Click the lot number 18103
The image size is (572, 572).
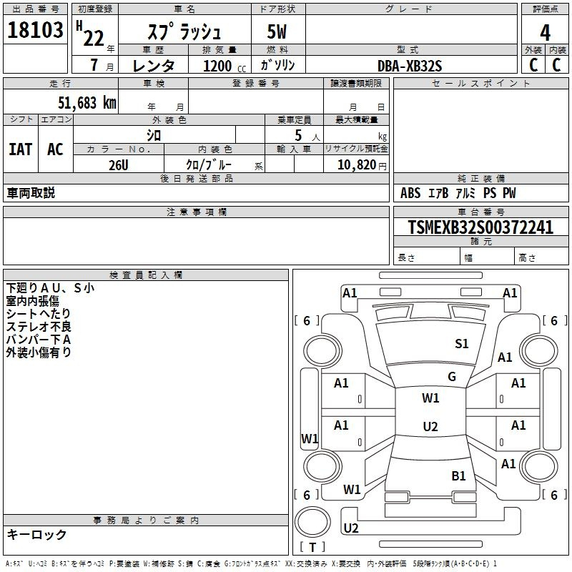click(x=35, y=30)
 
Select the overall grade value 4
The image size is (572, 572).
click(x=545, y=33)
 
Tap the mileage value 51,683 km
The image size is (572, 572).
click(x=87, y=103)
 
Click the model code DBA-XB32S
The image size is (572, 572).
click(x=410, y=66)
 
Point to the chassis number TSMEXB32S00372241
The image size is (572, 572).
click(x=480, y=227)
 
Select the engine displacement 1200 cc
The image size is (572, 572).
click(x=225, y=66)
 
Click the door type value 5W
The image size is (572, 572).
click(x=277, y=31)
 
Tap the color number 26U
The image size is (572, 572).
click(x=119, y=165)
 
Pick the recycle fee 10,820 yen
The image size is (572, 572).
click(x=362, y=165)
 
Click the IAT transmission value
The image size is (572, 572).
click(x=21, y=149)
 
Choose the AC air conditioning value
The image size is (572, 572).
click(x=56, y=149)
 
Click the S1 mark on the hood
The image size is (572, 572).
click(x=461, y=344)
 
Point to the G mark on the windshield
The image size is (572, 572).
click(x=452, y=377)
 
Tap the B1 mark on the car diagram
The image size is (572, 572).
click(x=458, y=476)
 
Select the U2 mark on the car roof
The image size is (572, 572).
click(x=430, y=426)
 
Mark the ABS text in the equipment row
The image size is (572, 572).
click(x=410, y=193)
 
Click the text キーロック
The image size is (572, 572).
click(x=36, y=534)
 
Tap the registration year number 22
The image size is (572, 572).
click(x=94, y=39)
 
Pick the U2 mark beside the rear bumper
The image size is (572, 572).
click(x=351, y=528)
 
